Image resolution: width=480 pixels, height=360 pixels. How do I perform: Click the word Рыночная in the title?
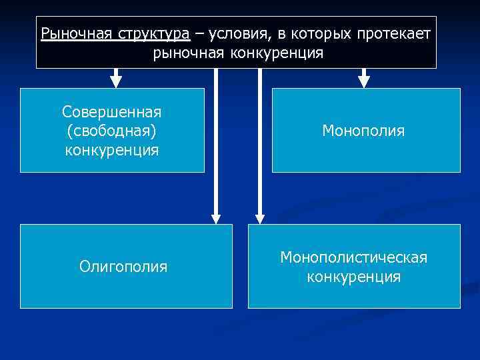(68, 33)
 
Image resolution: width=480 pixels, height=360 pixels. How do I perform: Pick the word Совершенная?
(112, 110)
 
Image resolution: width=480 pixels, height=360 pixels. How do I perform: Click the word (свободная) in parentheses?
(112, 130)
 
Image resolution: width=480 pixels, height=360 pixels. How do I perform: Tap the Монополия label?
(363, 131)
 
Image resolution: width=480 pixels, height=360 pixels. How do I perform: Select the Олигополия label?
(123, 267)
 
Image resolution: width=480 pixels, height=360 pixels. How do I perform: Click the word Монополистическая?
(354, 257)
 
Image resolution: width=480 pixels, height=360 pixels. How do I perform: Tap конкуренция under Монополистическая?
(354, 277)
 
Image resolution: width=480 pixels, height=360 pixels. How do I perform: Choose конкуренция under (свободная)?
(112, 150)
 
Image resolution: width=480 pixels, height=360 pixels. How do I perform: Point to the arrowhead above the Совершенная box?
(116, 81)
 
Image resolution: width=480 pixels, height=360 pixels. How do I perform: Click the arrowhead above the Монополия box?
(364, 81)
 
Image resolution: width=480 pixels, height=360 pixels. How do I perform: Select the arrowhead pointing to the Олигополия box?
(215, 217)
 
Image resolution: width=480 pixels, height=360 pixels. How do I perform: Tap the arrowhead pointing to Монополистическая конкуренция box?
(260, 217)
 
